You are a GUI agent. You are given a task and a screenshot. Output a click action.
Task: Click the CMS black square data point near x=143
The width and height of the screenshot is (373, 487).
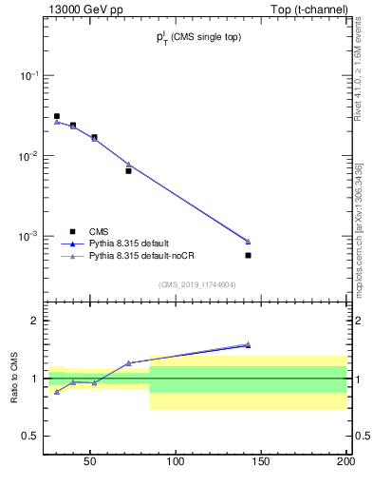[x=248, y=255]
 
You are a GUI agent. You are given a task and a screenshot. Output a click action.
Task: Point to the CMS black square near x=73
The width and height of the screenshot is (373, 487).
[x=128, y=171]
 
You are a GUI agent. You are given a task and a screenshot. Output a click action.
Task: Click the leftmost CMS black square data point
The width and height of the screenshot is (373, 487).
[x=57, y=116]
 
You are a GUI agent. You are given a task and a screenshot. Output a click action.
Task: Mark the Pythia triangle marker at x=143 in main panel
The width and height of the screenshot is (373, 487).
[x=248, y=241]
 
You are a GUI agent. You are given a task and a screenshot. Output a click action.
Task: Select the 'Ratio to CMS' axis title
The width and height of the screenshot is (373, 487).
[x=14, y=379]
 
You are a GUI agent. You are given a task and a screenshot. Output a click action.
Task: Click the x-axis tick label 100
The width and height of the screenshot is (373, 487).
[x=176, y=463]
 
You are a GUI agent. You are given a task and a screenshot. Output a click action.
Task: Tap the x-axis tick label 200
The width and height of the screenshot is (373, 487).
[x=345, y=463]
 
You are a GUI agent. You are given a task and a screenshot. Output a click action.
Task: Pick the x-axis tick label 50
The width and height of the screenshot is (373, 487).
[x=90, y=463]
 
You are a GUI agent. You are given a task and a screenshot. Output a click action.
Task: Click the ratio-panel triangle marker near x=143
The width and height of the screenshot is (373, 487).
[x=248, y=344]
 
